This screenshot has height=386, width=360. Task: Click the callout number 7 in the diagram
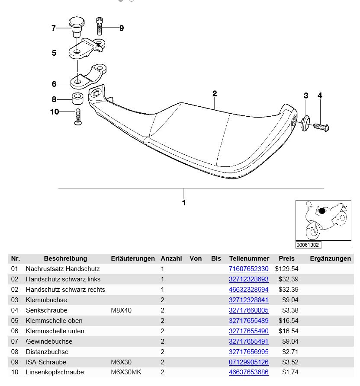[54, 28]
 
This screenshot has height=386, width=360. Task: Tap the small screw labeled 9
[100, 26]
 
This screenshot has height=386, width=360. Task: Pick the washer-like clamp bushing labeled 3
[305, 122]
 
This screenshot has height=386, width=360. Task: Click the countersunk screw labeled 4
[321, 127]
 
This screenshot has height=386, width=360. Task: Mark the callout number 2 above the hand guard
[215, 93]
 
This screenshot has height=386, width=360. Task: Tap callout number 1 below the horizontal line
[184, 202]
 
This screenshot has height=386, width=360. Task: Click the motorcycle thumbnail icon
[323, 220]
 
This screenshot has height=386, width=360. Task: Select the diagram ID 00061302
[308, 245]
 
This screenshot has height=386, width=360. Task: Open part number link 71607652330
[248, 269]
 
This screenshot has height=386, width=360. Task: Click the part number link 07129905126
[248, 362]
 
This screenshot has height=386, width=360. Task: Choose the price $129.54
[286, 269]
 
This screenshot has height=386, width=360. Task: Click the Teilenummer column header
[249, 258]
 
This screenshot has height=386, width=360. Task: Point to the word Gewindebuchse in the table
[47, 341]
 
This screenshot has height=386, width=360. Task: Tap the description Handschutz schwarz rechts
[65, 290]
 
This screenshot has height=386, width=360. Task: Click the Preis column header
[286, 258]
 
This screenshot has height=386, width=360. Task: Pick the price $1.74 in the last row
[290, 373]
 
